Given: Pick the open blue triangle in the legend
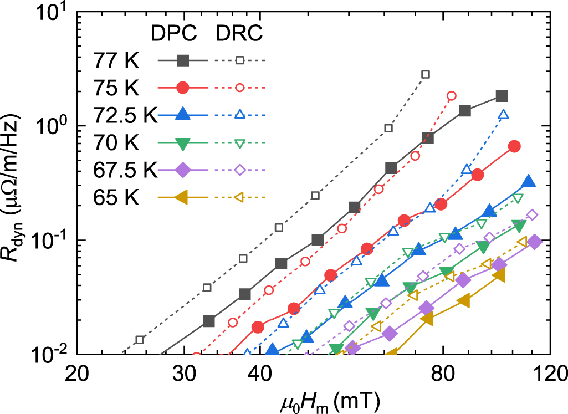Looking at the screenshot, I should click(x=239, y=115).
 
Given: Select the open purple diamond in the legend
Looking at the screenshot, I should click(x=239, y=170).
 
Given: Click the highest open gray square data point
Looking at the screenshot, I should click(x=426, y=74).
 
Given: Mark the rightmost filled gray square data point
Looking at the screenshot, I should click(x=502, y=96).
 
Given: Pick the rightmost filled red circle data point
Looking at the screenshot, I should click(x=514, y=146).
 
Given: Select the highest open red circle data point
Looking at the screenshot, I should click(x=452, y=95).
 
